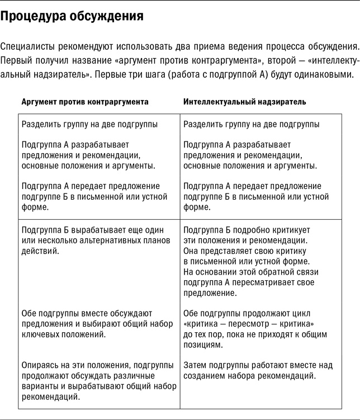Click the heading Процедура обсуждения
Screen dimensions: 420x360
[x=72, y=16]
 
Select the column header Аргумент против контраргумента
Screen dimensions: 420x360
[x=85, y=102]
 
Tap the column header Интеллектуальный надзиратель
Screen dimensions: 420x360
[x=244, y=102]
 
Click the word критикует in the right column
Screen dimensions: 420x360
[x=288, y=230]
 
